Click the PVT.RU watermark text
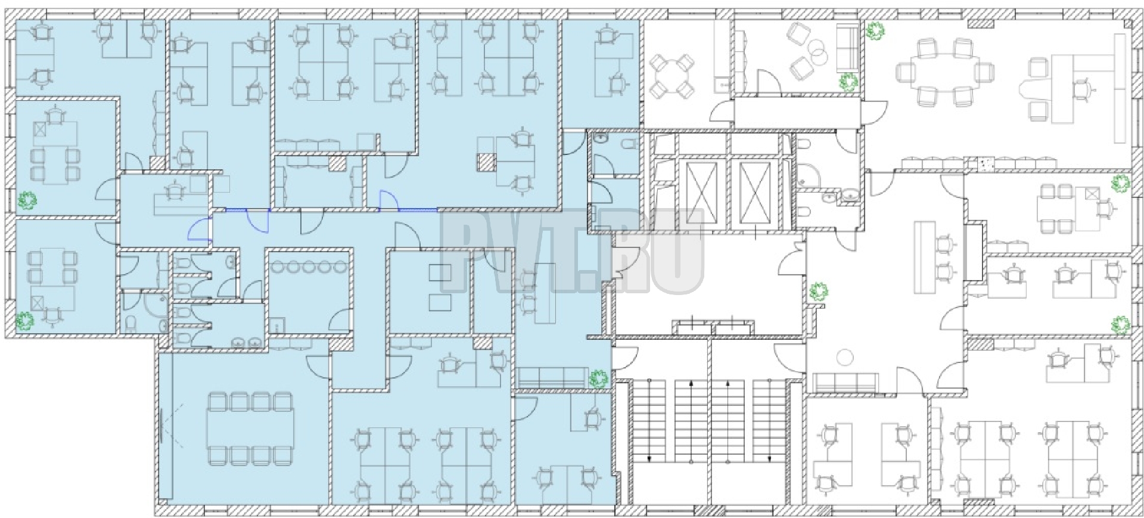coord(573,252)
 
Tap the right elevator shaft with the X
coord(754,196)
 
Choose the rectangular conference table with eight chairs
coord(250,429)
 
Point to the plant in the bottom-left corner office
coord(25,321)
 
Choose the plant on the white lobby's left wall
coord(819,292)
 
